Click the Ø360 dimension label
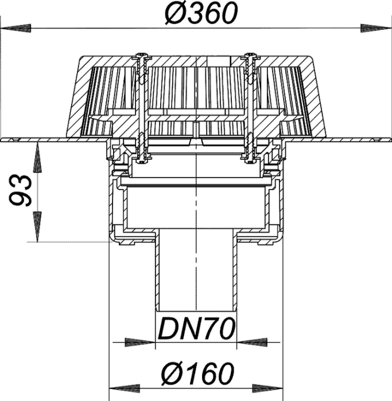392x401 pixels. click(x=201, y=13)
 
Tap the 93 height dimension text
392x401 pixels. click(x=21, y=191)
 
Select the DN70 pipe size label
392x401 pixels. click(x=196, y=328)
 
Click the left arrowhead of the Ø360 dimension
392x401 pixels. click(x=16, y=28)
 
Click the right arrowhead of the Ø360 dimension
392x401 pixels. click(x=376, y=28)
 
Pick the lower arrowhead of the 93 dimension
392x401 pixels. click(x=38, y=227)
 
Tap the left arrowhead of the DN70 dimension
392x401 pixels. click(x=140, y=342)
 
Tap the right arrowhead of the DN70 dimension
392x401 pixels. click(x=252, y=342)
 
